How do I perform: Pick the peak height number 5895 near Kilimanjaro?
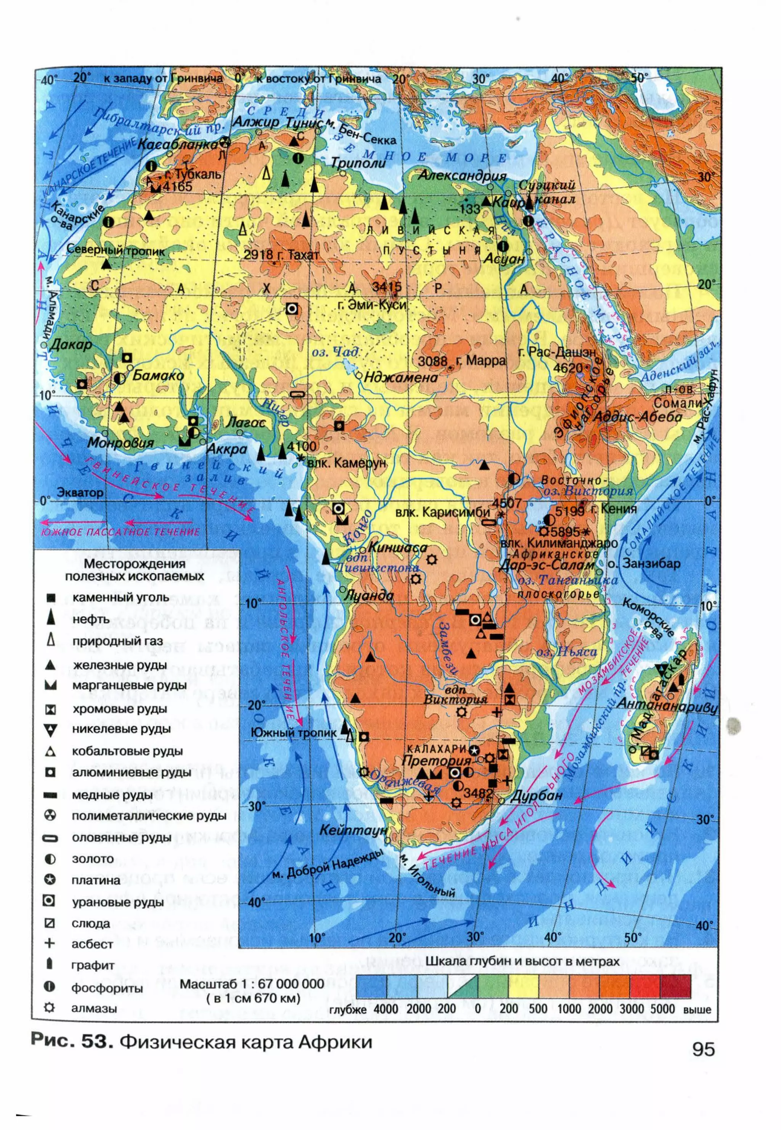point(566,532)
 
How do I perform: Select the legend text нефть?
point(91,619)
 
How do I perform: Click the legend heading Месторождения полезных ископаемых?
point(135,570)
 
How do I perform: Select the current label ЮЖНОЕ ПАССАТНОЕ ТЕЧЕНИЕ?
point(121,532)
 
